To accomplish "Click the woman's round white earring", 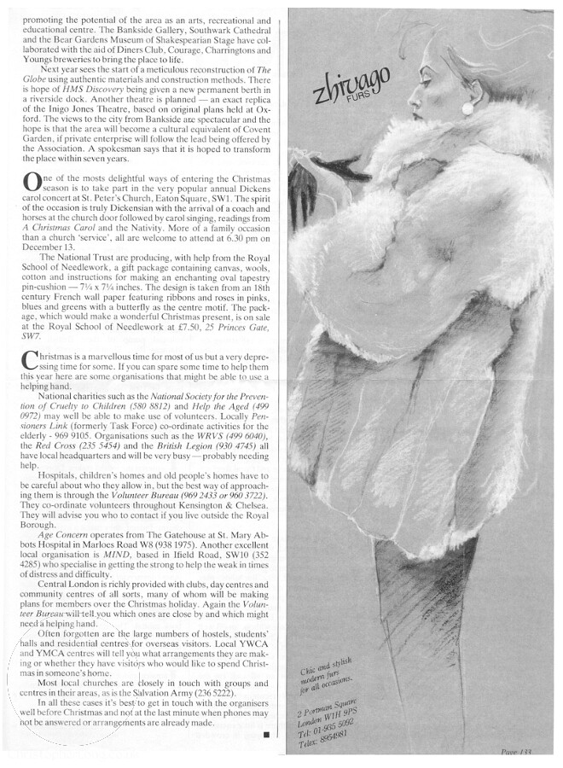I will tap(468, 108).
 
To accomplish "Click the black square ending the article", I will tap(267, 732).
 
